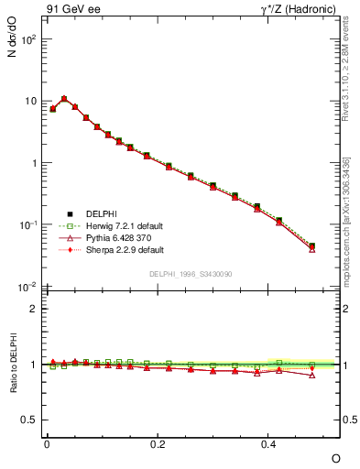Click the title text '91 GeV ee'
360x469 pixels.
pos(69,12)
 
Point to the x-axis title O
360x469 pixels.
pos(335,457)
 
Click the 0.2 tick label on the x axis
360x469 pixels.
pos(158,443)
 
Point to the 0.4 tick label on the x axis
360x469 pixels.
pos(268,443)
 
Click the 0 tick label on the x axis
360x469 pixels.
pos(47,443)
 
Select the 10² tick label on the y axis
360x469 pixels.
pos(27,39)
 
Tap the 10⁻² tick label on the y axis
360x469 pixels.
pos(27,288)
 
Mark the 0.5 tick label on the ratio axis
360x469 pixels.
pos(28,420)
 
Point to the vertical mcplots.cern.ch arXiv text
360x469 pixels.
pos(346,220)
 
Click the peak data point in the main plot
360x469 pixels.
pos(64,99)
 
